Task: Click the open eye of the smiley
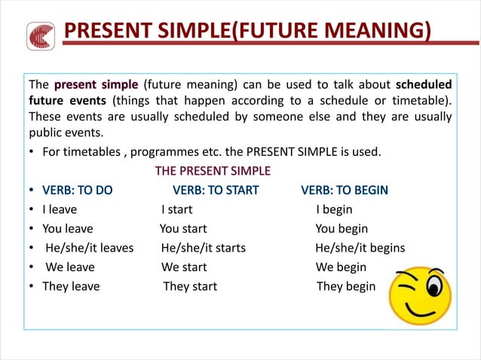(x=435, y=286)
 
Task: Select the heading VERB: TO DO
(x=77, y=190)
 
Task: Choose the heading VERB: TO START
(x=216, y=190)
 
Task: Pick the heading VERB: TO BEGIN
(x=345, y=190)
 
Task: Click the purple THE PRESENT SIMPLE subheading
(x=213, y=171)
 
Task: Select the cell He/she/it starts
(x=203, y=248)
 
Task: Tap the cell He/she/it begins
(x=360, y=248)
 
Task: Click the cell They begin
(x=345, y=286)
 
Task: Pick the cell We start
(x=184, y=267)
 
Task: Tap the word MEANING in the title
(x=374, y=32)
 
